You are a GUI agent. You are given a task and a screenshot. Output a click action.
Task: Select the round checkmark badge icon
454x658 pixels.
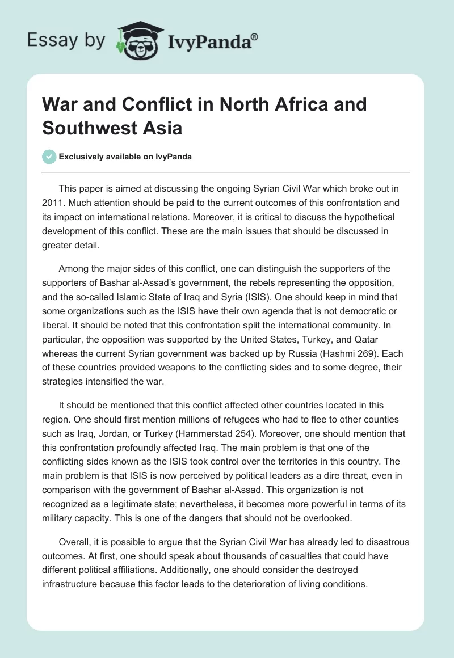tap(49, 157)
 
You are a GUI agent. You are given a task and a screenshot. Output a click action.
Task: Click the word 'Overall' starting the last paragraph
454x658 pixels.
tap(75, 542)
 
